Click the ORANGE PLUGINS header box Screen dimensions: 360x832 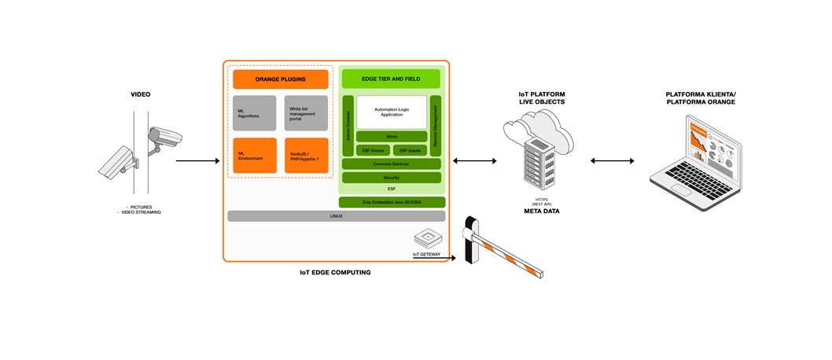point(280,79)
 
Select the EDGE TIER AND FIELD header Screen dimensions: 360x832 point(390,79)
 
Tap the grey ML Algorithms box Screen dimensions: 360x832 point(255,113)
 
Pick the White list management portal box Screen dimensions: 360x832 point(306,113)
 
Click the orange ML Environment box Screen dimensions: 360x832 point(255,156)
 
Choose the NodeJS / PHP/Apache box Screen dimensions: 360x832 point(306,156)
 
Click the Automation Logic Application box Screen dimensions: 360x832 point(392,112)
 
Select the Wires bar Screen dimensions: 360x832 point(392,137)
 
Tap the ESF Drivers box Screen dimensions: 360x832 point(374,150)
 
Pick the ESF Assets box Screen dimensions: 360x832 point(410,150)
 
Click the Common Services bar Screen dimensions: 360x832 point(391,164)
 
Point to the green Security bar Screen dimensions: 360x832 point(391,178)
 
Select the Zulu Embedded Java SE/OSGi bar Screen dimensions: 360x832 point(392,202)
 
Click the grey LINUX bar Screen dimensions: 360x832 point(336,215)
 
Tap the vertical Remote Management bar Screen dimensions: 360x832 point(435,126)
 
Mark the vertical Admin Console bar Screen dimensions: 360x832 point(348,126)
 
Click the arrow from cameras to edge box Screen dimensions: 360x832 point(197,161)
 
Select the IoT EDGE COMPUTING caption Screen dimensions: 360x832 point(335,273)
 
